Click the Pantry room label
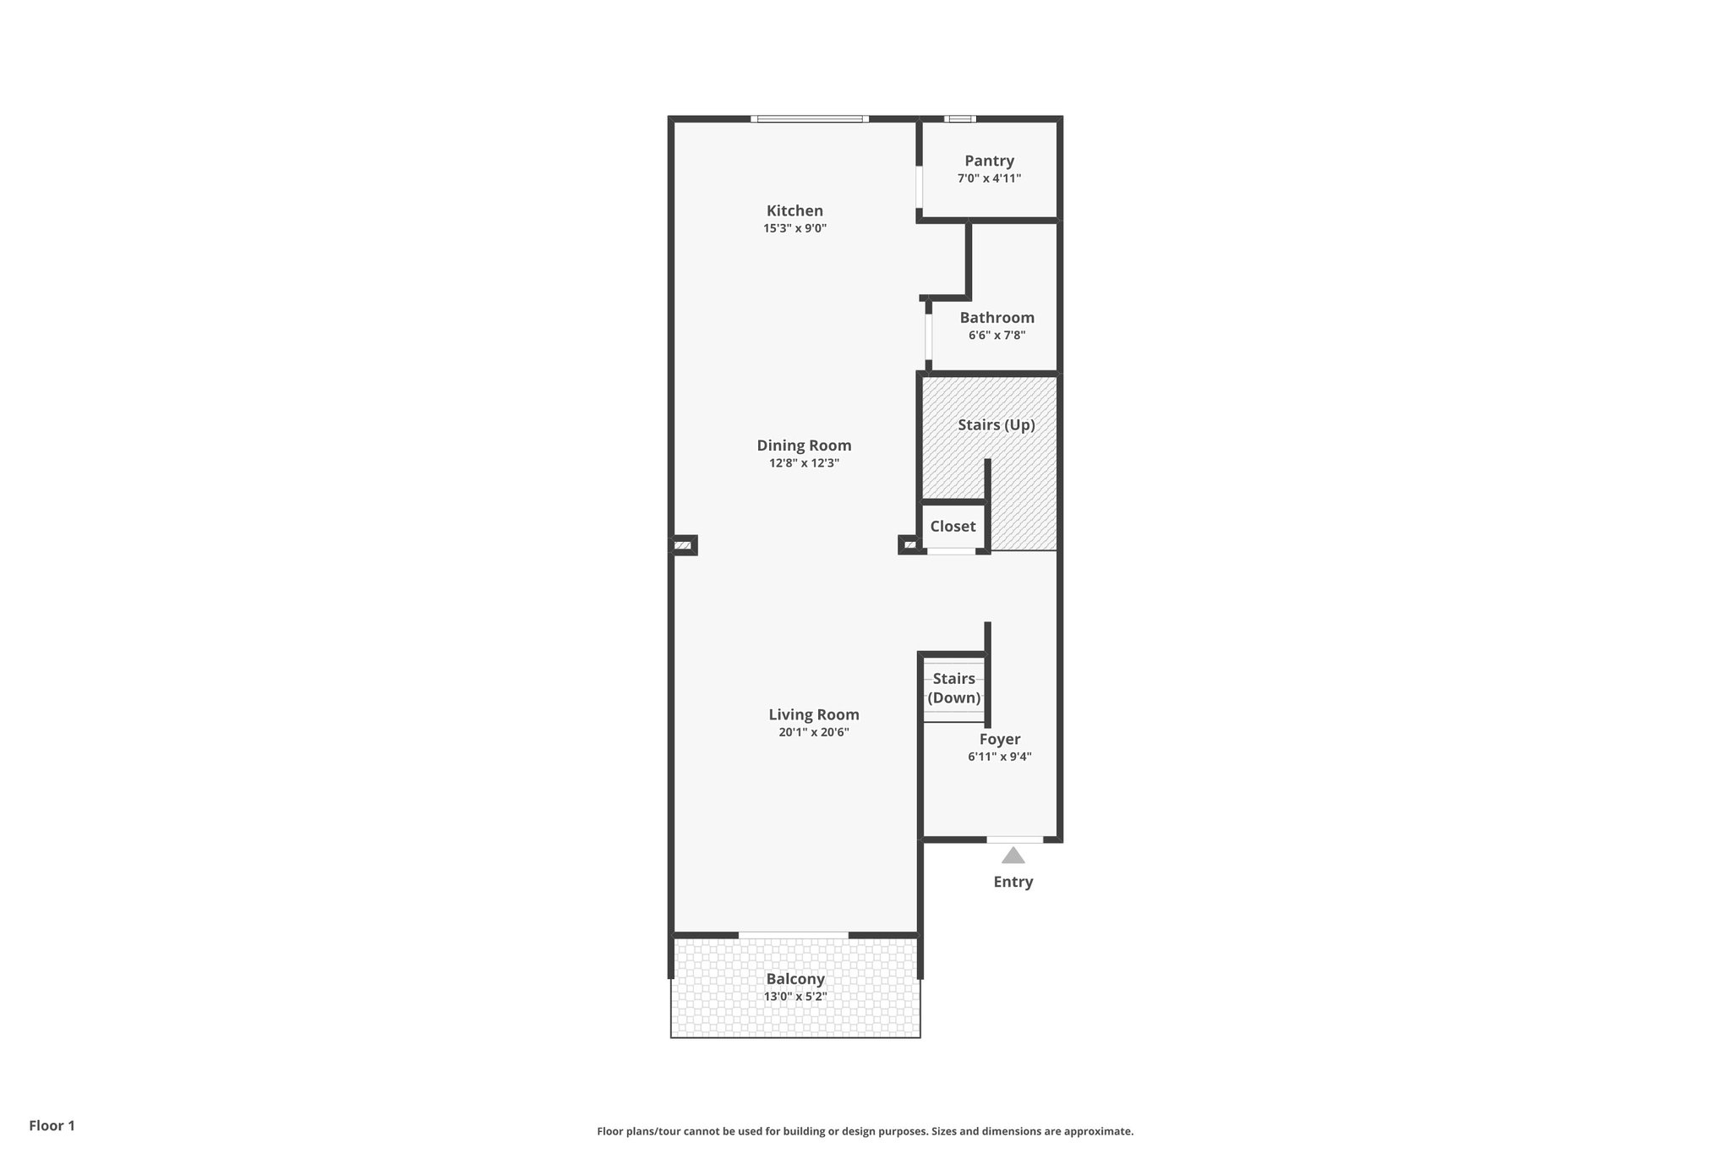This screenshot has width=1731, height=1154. (x=989, y=161)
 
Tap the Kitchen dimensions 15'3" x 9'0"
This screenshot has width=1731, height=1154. (x=795, y=228)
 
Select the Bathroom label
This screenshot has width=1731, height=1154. (x=997, y=318)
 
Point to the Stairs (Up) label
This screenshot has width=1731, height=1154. (x=996, y=424)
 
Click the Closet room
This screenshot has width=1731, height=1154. (x=953, y=526)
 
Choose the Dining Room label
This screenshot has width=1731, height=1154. (x=804, y=446)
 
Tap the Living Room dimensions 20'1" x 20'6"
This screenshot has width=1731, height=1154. (x=813, y=732)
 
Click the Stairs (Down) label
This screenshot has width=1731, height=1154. (x=953, y=688)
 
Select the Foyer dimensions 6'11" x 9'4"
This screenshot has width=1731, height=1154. (x=999, y=757)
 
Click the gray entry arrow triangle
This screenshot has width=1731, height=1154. (x=1013, y=856)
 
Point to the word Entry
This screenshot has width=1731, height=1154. (x=1013, y=882)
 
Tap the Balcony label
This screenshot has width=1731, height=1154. (x=795, y=979)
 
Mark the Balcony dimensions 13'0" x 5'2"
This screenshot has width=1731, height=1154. (x=795, y=997)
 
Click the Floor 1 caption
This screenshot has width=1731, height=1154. (x=52, y=1125)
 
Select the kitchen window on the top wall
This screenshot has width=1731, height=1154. (x=809, y=119)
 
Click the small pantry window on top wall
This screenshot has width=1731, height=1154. (x=959, y=119)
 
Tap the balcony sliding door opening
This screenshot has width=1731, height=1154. (x=793, y=934)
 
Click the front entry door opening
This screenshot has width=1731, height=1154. (x=1014, y=840)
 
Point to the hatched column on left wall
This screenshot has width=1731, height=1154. (x=683, y=546)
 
